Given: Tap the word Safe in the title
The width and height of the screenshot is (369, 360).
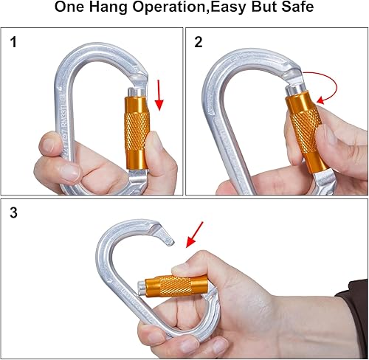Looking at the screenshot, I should click(297, 10).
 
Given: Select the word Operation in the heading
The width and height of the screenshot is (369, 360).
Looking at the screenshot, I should click(180, 10).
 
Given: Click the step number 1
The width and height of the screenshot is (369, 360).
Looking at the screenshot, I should click(14, 43).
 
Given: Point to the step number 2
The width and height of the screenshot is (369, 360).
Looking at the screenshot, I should click(198, 43).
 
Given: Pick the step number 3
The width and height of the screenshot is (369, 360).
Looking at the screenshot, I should click(14, 214).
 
